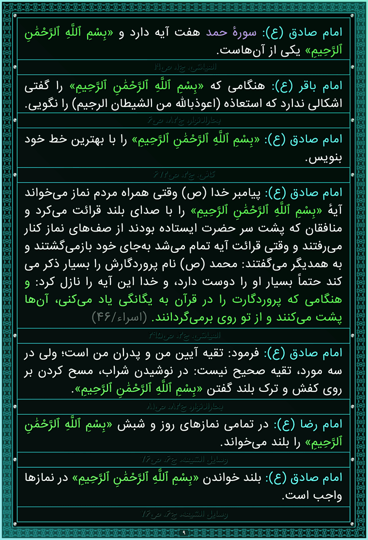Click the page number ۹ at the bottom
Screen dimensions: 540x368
[x=184, y=533]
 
